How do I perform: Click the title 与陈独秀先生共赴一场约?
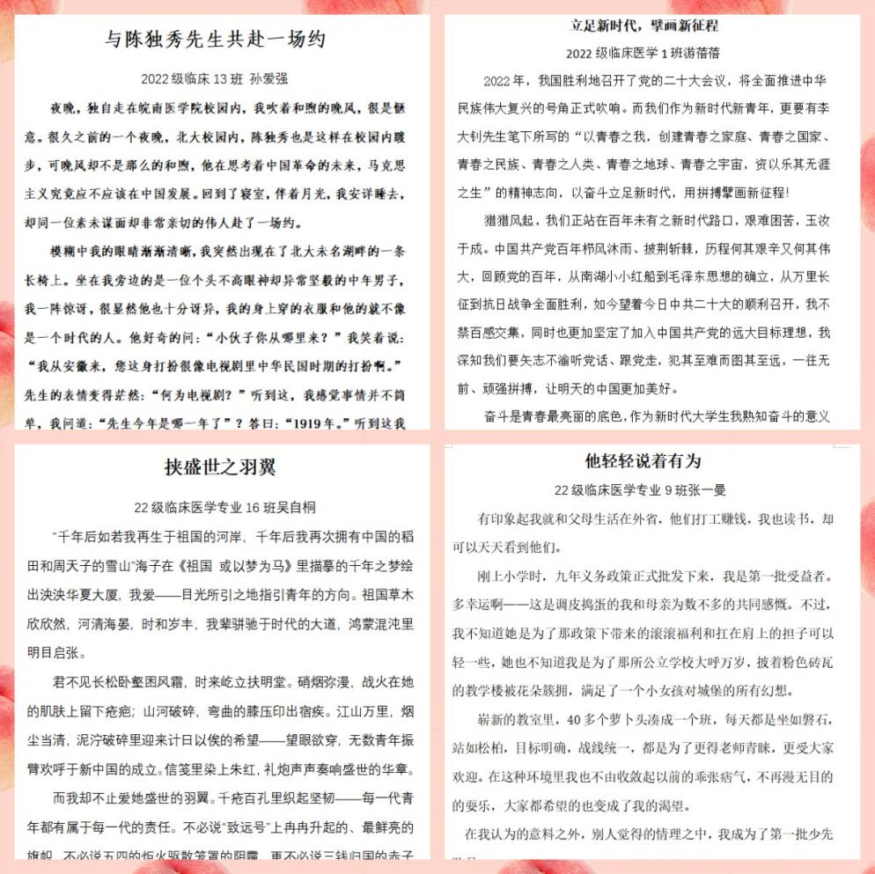[x=217, y=40]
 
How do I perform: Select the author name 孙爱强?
[x=268, y=78]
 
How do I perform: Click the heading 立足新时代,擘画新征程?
[x=644, y=25]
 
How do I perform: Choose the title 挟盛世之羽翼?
[x=220, y=466]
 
